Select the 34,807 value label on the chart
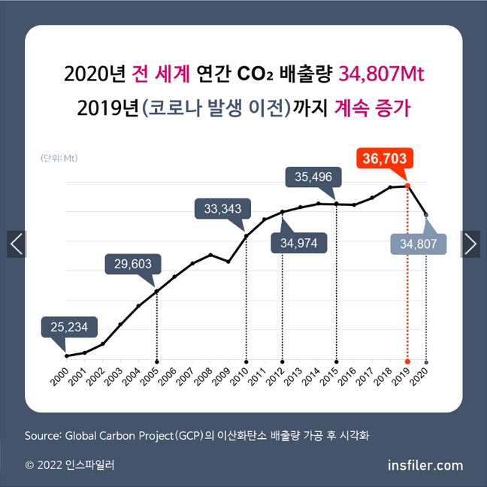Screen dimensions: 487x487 click(x=419, y=244)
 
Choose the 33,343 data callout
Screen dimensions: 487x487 click(x=219, y=208)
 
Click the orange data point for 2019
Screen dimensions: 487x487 click(x=407, y=186)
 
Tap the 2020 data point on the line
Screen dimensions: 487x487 click(x=426, y=215)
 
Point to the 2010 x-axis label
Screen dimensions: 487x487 click(x=240, y=375)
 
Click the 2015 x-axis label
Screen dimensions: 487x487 click(x=330, y=375)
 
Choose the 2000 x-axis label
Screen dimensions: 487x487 click(x=60, y=375)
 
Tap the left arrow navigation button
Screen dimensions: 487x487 click(x=17, y=243)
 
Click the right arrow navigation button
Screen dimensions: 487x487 click(x=470, y=243)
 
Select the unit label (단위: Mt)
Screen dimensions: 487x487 click(x=59, y=158)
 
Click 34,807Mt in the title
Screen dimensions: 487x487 click(x=383, y=74)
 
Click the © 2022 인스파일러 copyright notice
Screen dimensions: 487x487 click(x=70, y=465)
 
